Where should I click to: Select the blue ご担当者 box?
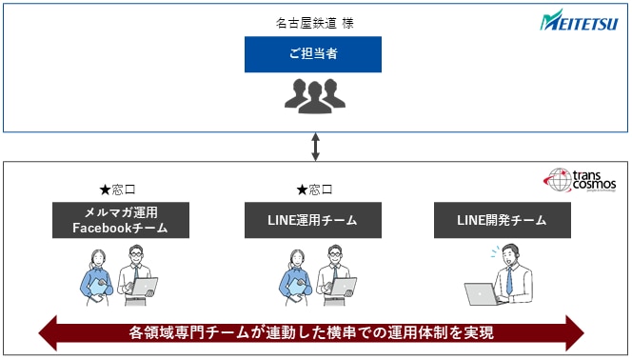[x=313, y=54]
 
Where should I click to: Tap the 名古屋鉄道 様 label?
[x=314, y=21]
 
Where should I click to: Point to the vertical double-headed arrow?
[x=314, y=148]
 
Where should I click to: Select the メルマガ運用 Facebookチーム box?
[x=120, y=220]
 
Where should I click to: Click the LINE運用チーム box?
[x=313, y=220]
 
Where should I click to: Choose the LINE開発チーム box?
[x=504, y=220]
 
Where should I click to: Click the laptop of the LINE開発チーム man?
[x=484, y=295]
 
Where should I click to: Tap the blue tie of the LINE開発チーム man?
[x=510, y=280]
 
